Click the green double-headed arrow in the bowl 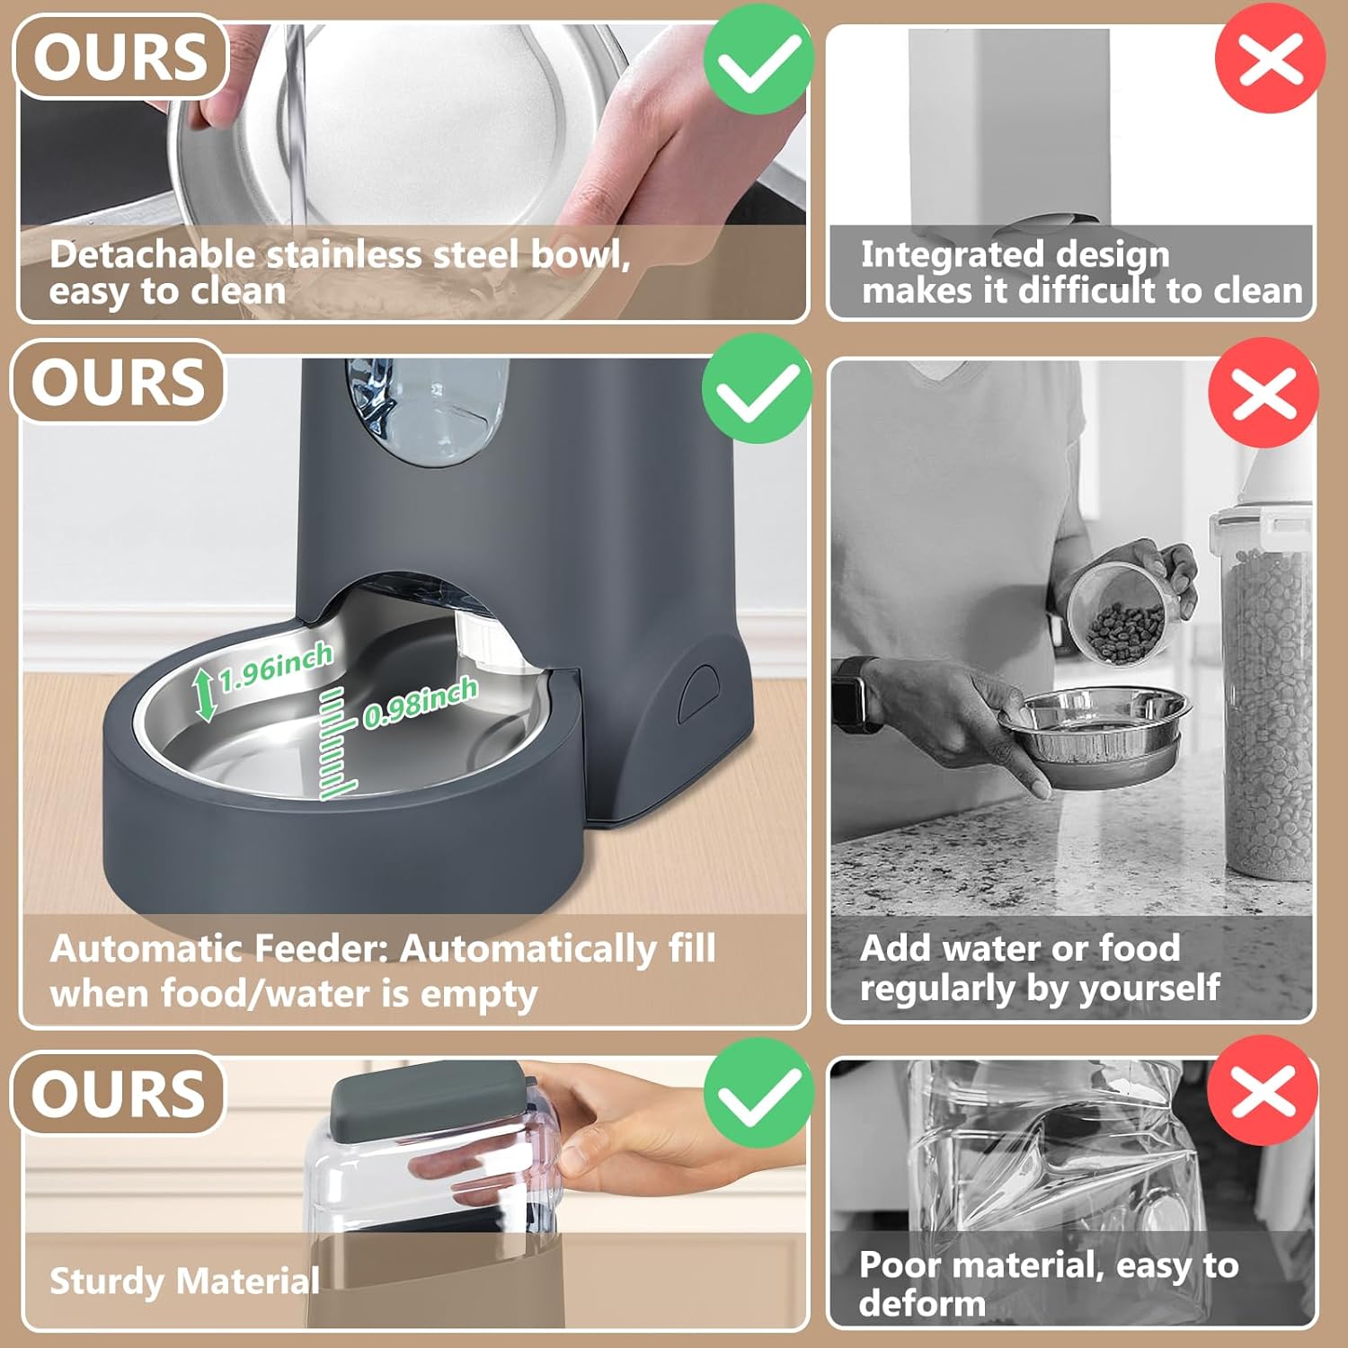pyautogui.click(x=207, y=695)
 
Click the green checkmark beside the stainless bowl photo pyautogui.click(x=758, y=59)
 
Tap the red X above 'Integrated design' pyautogui.click(x=1269, y=59)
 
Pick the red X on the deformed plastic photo pyautogui.click(x=1262, y=1090)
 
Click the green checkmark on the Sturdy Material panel pyautogui.click(x=758, y=1092)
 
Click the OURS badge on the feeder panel pyautogui.click(x=118, y=382)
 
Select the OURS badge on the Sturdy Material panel pyautogui.click(x=118, y=1093)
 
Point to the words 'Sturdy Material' pyautogui.click(x=184, y=1281)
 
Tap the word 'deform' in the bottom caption pyautogui.click(x=922, y=1303)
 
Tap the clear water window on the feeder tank pyautogui.click(x=428, y=412)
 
